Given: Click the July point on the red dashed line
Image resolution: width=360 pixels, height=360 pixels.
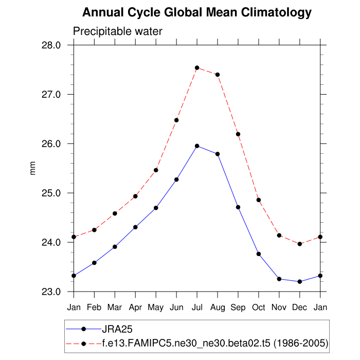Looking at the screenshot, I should tap(197, 68).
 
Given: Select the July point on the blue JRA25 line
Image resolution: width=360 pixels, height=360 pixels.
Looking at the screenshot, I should tap(197, 146).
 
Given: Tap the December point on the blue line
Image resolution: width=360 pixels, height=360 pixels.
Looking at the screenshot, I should tap(300, 281).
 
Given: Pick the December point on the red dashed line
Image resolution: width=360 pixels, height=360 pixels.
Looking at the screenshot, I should tap(300, 244).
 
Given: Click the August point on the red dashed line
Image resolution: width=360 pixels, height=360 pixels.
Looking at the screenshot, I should tap(218, 75).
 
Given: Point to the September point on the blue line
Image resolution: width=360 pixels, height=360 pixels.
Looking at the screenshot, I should tap(238, 207).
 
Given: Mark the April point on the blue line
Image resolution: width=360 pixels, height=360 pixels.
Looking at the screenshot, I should tap(135, 227).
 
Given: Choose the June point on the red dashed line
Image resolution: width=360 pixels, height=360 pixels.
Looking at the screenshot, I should tap(176, 120).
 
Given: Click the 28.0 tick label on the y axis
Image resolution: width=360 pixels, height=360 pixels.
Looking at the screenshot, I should tap(51, 45).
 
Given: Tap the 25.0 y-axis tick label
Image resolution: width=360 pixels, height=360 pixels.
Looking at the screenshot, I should tap(51, 193).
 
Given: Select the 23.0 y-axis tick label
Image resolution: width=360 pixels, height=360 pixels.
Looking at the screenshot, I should tap(51, 292).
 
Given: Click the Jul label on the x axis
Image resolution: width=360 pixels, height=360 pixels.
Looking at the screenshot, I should tap(197, 307).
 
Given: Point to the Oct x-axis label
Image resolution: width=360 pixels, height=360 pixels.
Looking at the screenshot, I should tap(259, 307).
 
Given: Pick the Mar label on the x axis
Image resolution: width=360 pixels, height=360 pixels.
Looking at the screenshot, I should tap(115, 307).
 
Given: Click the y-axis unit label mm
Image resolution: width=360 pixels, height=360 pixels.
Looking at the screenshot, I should tap(33, 168).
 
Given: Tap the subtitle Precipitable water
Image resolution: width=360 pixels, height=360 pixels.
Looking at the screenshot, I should tap(118, 31).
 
